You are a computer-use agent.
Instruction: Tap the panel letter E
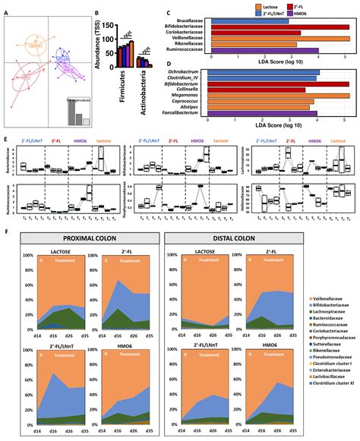tap(6, 140)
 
